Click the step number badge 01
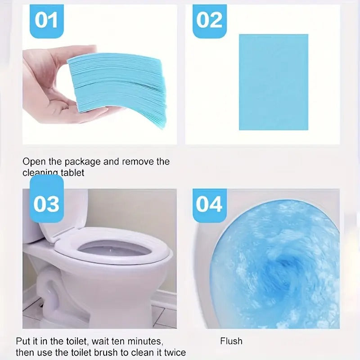click(x=46, y=20)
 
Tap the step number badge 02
click(x=209, y=20)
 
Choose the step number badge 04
click(x=209, y=204)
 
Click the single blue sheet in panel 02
click(x=273, y=82)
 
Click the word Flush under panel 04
click(x=231, y=341)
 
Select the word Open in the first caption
click(x=34, y=162)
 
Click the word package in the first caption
click(x=80, y=162)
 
